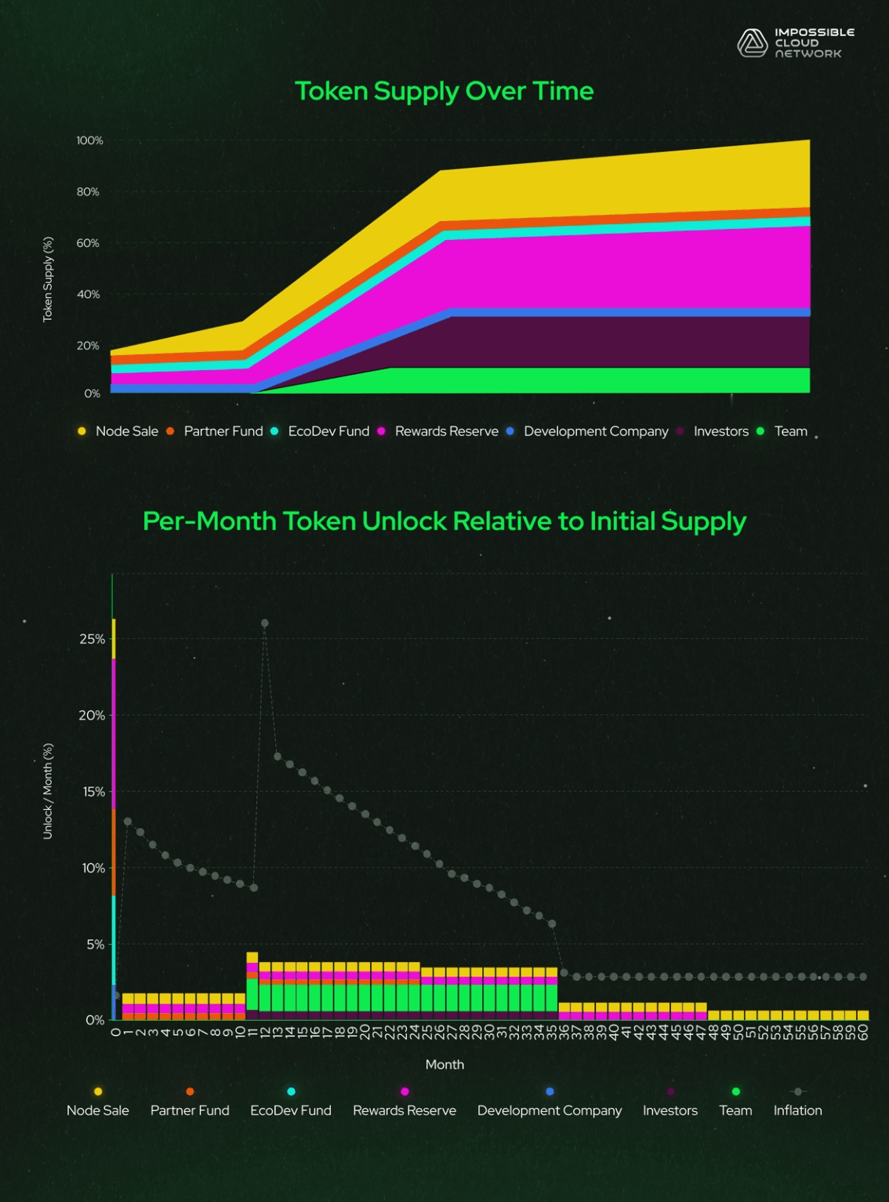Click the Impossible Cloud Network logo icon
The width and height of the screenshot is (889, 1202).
pyautogui.click(x=752, y=43)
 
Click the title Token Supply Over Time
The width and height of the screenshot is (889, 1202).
pyautogui.click(x=444, y=91)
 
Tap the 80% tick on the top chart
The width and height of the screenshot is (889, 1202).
pyautogui.click(x=88, y=192)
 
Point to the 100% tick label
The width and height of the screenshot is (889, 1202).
pyautogui.click(x=89, y=140)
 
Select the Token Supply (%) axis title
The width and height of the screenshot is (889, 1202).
pyautogui.click(x=48, y=278)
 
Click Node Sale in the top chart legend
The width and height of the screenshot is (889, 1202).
pyautogui.click(x=126, y=431)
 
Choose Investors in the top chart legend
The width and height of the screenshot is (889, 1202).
pyautogui.click(x=720, y=431)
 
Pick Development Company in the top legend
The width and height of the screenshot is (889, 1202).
pyautogui.click(x=595, y=431)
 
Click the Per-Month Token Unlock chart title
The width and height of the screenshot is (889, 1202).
pyautogui.click(x=444, y=521)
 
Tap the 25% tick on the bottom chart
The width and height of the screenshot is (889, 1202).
pyautogui.click(x=92, y=639)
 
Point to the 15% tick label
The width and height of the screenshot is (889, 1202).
pyautogui.click(x=92, y=792)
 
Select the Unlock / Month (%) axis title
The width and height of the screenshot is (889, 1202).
pyautogui.click(x=48, y=791)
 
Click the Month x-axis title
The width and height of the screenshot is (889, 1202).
pyautogui.click(x=444, y=1064)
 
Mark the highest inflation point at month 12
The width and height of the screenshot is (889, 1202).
pyautogui.click(x=265, y=623)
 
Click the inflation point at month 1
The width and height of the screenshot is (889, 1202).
pyautogui.click(x=128, y=822)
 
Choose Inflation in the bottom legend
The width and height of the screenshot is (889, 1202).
pyautogui.click(x=797, y=1110)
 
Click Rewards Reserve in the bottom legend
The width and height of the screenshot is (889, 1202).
pyautogui.click(x=404, y=1110)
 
